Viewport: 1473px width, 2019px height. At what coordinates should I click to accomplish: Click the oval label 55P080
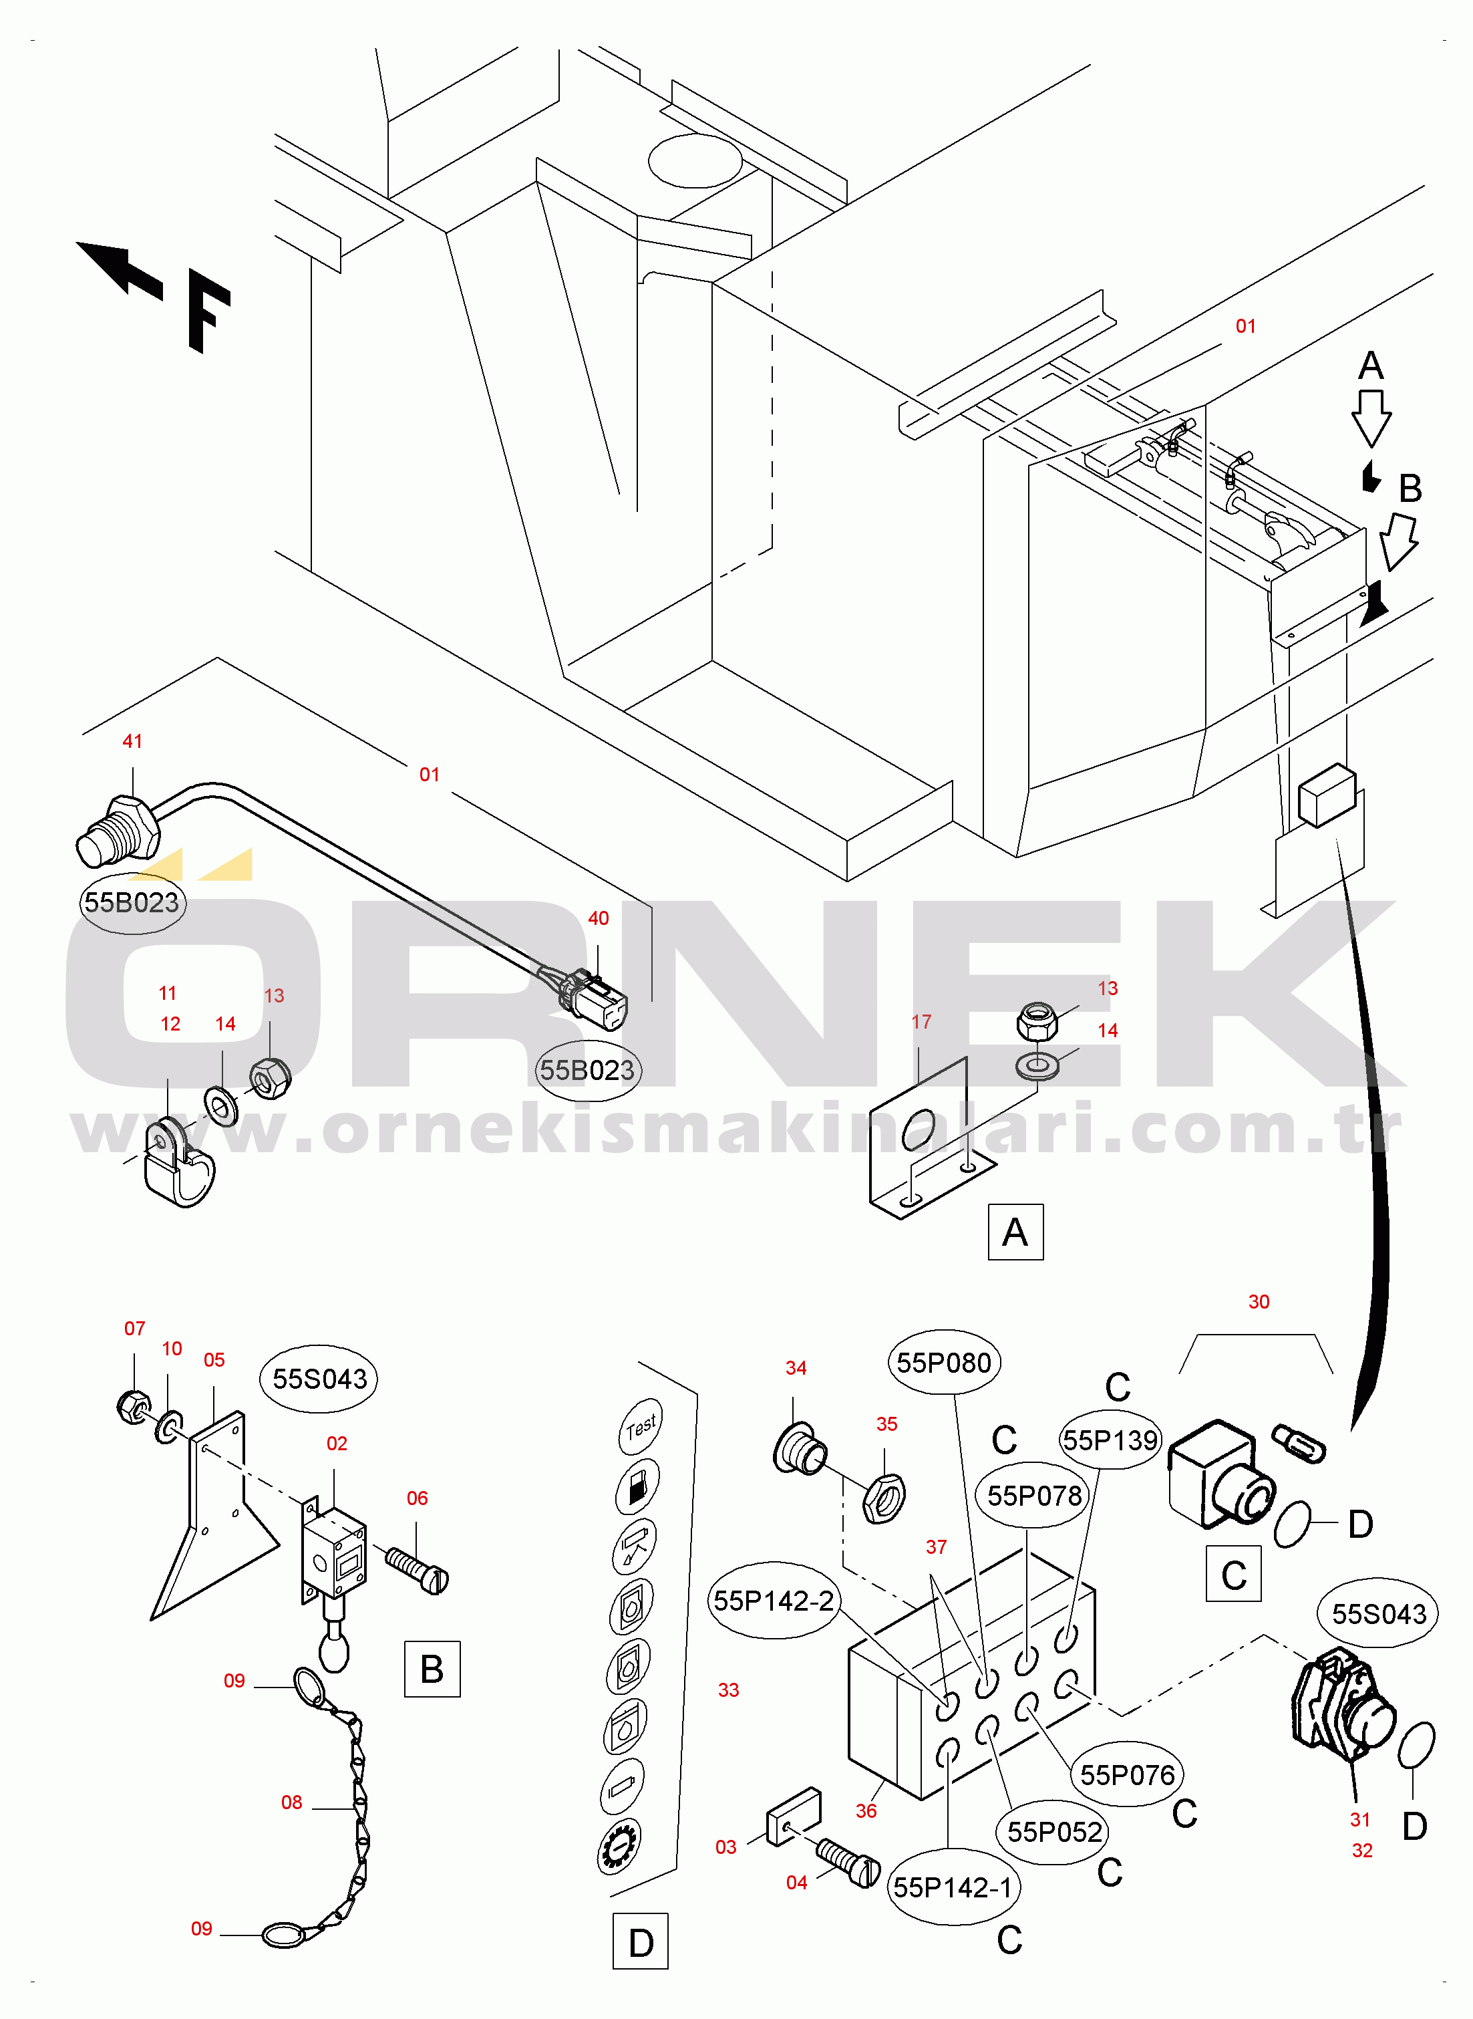point(943,1363)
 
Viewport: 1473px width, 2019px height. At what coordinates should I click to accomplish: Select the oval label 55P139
point(1110,1440)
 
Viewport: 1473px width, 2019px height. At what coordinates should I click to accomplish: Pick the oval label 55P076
point(1127,1774)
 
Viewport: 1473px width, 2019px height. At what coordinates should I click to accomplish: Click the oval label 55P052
point(1054,1832)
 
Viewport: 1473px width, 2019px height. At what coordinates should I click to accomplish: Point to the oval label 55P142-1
point(953,1887)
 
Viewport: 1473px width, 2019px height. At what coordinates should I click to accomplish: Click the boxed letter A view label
point(1015,1232)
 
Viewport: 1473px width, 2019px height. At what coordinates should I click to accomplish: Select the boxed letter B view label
point(432,1669)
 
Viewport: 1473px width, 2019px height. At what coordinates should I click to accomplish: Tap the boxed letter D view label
point(640,1941)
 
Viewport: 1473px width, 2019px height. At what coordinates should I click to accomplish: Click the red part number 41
point(132,741)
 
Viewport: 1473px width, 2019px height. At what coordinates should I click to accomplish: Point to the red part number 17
point(921,1022)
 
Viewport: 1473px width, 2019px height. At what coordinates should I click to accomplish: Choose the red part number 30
point(1258,1302)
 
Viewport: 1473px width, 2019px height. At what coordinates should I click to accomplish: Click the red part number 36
point(866,1811)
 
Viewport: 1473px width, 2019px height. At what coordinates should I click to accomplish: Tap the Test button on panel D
point(640,1427)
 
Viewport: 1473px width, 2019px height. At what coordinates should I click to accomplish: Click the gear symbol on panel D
point(618,1847)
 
